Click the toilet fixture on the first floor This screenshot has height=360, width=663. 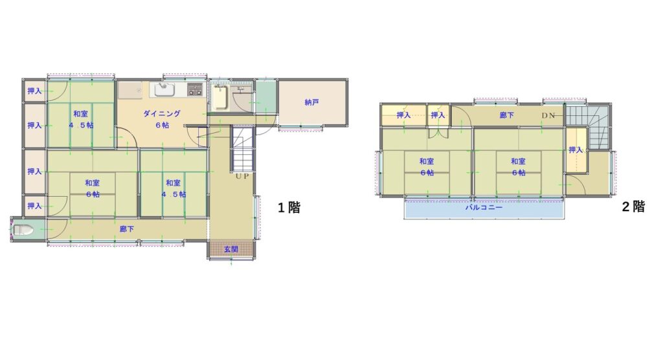point(23,230)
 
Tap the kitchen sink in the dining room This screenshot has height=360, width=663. point(164,90)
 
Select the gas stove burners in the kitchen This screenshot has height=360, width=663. point(195,89)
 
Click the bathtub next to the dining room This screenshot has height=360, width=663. point(220,98)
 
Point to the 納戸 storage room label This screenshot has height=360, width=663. point(311,102)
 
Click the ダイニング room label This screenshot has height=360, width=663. point(162,113)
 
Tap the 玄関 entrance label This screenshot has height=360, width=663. point(231,249)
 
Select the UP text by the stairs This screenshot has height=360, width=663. point(242,176)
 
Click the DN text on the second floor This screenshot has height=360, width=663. point(548,115)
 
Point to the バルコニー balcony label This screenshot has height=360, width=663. point(484,208)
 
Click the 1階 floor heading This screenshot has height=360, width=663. point(289,207)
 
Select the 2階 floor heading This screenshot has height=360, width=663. point(633,207)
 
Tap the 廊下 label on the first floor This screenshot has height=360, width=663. point(127,229)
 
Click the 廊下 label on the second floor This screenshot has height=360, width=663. point(506,115)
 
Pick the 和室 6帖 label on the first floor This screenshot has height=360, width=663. point(93,188)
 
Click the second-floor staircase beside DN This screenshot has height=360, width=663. point(588,126)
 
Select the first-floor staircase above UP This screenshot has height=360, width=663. point(242,149)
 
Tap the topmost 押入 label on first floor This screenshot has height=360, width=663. point(35,91)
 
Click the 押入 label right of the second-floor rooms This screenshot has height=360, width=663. point(576,150)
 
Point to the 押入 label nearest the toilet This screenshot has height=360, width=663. point(35,206)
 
